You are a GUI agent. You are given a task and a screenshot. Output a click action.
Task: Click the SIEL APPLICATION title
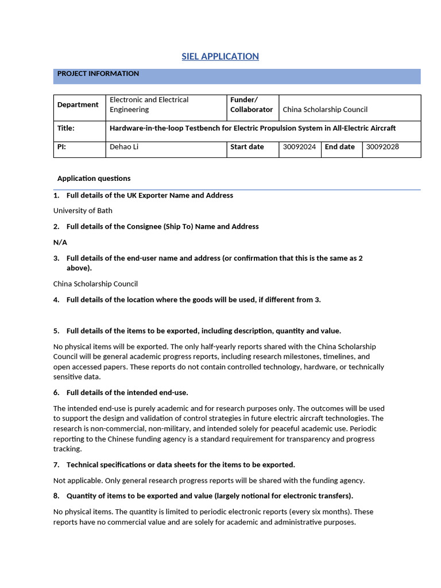point(220,56)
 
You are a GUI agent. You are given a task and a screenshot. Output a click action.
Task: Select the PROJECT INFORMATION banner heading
point(98,74)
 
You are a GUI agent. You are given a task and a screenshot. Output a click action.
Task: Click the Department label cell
point(78,105)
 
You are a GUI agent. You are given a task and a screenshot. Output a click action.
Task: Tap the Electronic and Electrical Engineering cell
point(149,105)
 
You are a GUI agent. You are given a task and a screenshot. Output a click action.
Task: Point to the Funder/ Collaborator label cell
point(252,105)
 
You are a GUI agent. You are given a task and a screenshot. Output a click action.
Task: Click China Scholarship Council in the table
point(325,109)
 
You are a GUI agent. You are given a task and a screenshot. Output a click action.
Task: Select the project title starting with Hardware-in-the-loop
point(253,128)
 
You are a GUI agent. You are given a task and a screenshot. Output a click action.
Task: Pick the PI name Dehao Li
point(124,147)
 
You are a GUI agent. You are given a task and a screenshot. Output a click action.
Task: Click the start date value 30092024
point(299,147)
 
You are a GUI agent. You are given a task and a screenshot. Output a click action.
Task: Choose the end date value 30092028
point(382,147)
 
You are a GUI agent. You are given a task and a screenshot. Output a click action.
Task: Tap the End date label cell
point(340,147)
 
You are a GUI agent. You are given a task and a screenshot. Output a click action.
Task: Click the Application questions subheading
point(94,179)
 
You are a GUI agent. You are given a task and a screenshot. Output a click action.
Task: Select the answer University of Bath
point(83,211)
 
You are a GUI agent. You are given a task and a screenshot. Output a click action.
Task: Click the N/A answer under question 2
point(60,242)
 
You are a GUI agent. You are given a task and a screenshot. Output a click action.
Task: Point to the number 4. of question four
point(56,300)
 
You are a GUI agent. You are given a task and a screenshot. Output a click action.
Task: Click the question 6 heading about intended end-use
point(127,393)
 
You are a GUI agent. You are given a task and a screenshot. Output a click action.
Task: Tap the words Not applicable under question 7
point(76,481)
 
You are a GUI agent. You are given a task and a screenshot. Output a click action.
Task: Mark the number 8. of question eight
point(56,496)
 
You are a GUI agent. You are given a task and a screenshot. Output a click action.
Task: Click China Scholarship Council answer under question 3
point(95,284)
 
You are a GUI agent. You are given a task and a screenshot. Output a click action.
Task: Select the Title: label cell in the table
point(66,128)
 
